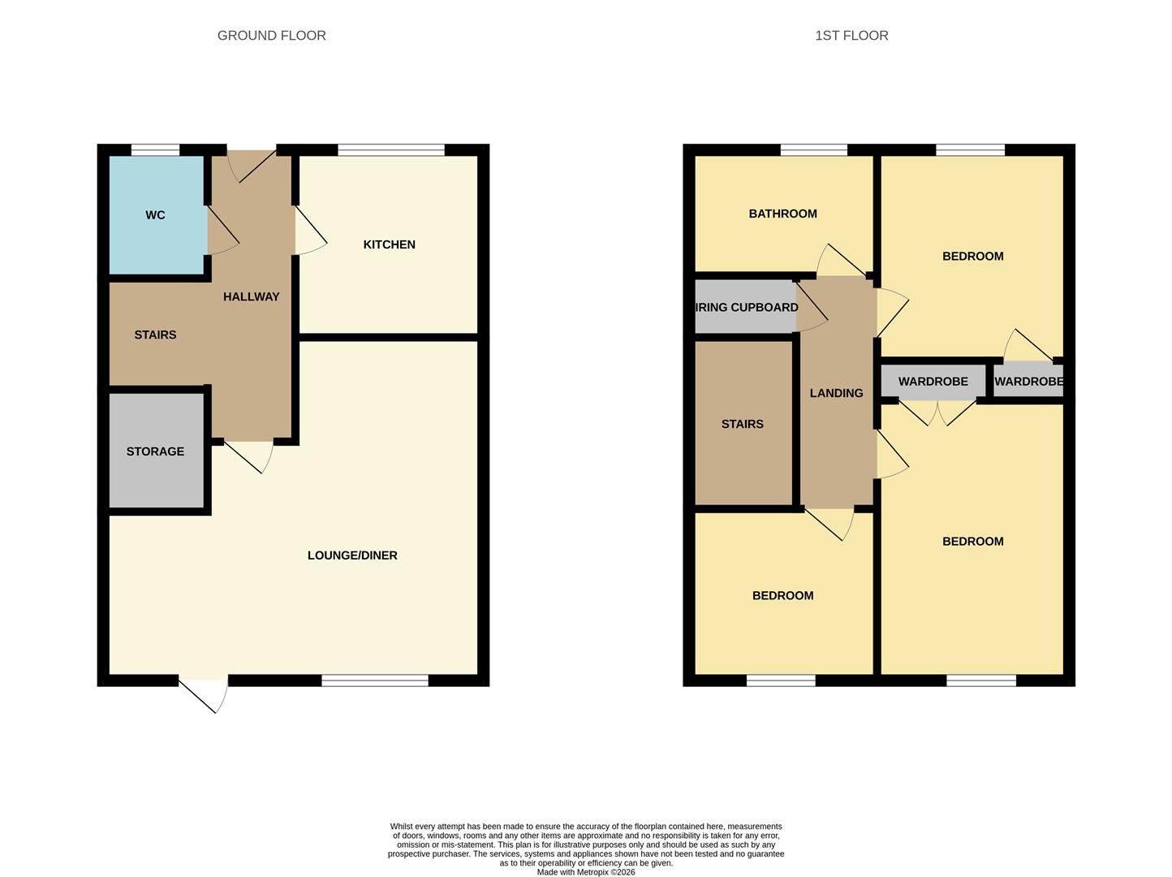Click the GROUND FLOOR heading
pos(271,36)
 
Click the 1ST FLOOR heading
pos(851,36)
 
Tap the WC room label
pos(155,215)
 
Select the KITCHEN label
pos(389,244)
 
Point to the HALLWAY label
pos(251,297)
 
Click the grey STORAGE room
pos(156,451)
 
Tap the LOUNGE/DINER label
pos(352,555)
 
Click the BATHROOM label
pos(782,214)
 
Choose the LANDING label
pos(836,393)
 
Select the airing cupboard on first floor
pos(746,307)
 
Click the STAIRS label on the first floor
pos(742,424)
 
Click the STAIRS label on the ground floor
pos(155,335)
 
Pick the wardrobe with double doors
pos(933,382)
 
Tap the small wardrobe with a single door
pos(1028,382)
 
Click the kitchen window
pos(391,150)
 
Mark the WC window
pos(155,150)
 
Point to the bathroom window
pos(813,150)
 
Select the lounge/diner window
pos(374,680)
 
